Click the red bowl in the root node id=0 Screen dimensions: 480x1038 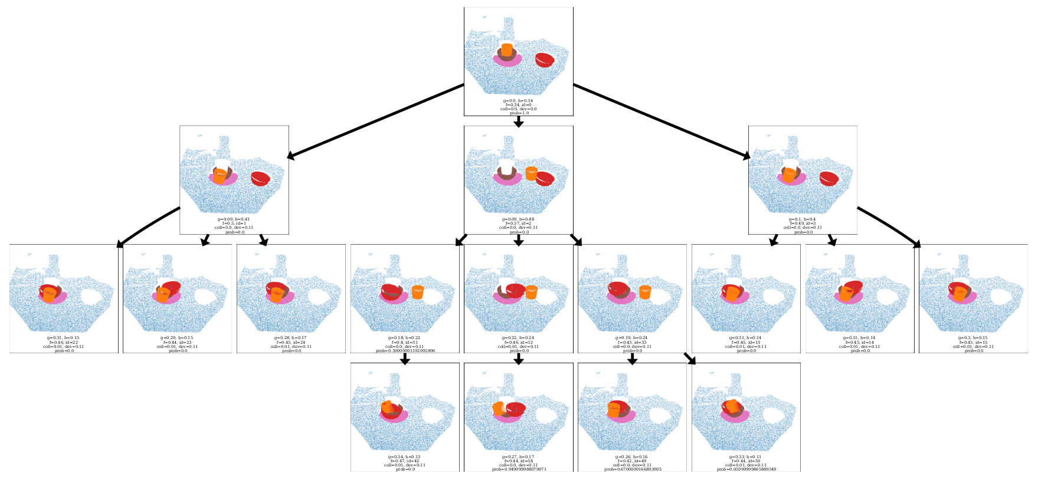point(544,60)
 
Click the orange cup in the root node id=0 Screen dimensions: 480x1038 point(506,50)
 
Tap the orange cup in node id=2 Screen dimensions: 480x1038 point(531,173)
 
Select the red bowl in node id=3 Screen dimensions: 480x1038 point(829,178)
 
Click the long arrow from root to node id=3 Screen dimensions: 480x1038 point(661,121)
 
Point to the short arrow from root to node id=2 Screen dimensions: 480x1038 point(518,121)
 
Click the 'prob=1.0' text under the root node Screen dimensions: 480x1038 point(519,113)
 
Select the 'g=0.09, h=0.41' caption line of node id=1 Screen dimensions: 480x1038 point(234,219)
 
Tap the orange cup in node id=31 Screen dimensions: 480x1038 point(418,292)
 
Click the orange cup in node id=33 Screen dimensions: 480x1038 point(645,292)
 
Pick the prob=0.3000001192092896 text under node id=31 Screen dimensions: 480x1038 point(405,351)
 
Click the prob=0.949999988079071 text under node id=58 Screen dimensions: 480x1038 point(519,469)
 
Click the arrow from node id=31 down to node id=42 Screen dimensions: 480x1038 point(405,359)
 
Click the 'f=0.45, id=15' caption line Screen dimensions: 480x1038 point(973,343)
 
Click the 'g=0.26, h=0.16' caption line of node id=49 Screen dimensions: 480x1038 point(632,457)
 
